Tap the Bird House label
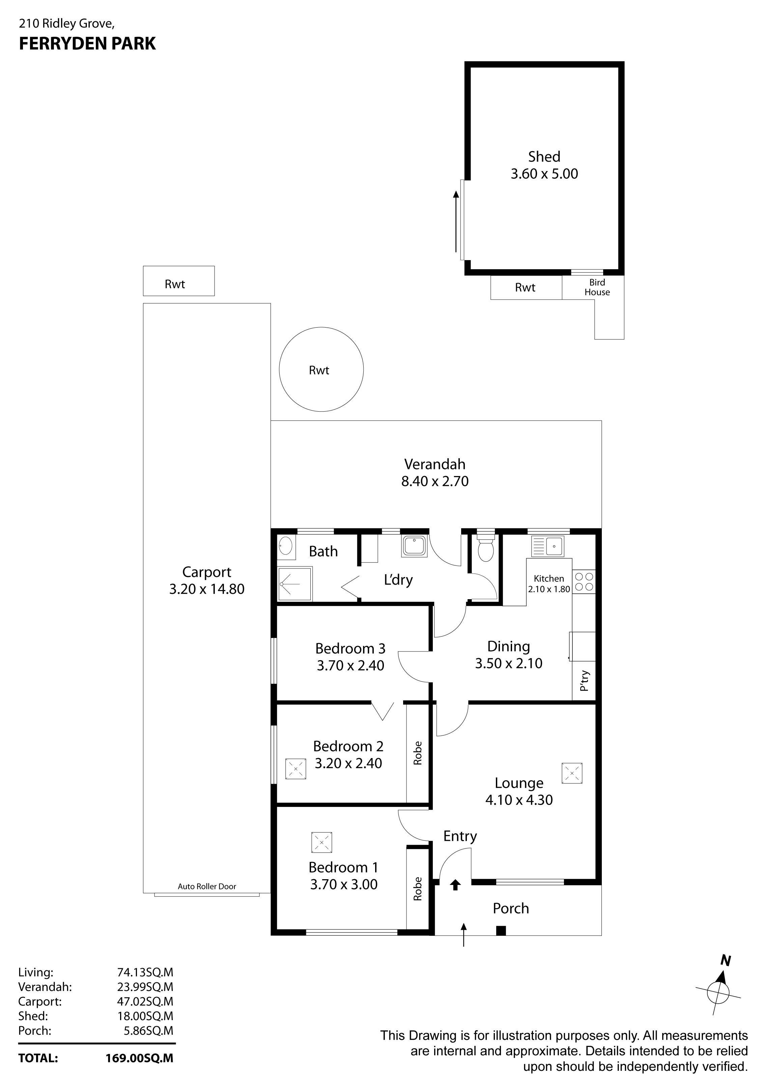(x=597, y=287)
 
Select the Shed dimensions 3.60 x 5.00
(x=544, y=174)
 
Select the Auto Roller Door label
(x=207, y=886)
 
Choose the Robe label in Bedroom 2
(x=418, y=753)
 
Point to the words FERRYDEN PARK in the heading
(x=87, y=44)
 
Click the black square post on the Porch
(x=501, y=930)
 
